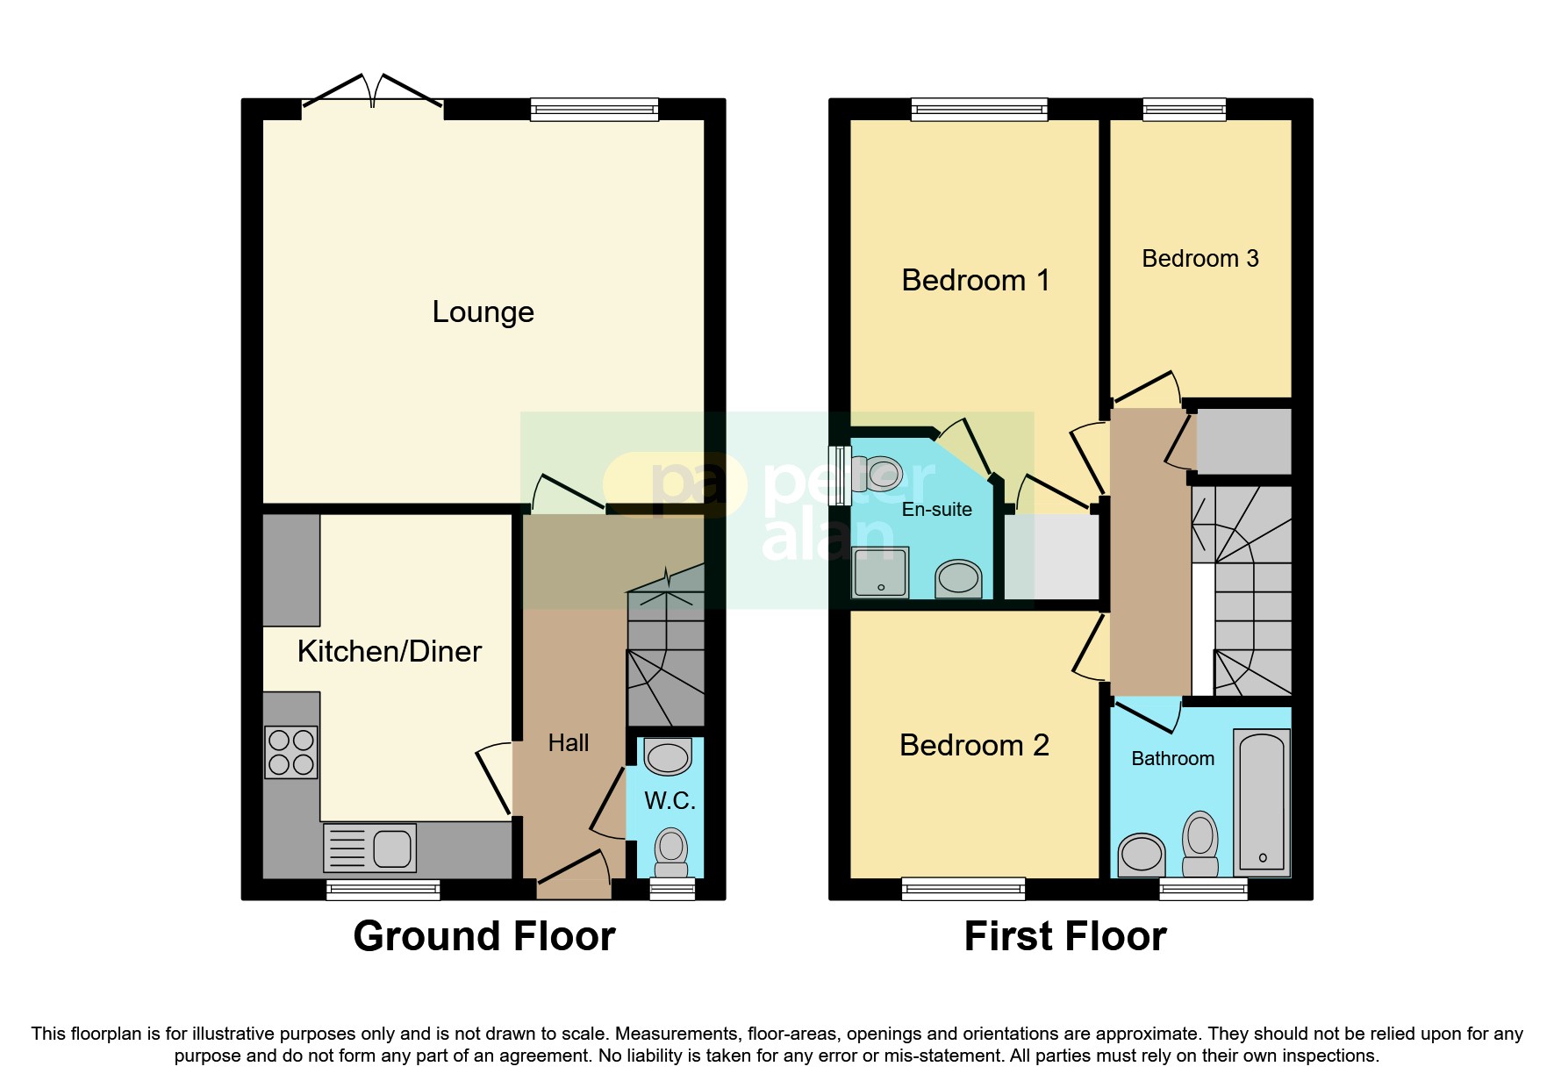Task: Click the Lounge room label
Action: point(483,312)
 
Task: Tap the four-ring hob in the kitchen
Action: point(291,752)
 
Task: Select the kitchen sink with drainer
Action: point(369,848)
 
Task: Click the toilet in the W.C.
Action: point(671,852)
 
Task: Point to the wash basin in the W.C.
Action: point(668,756)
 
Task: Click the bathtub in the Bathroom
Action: point(1262,802)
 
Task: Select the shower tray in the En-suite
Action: point(880,571)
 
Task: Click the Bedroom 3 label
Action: point(1200,259)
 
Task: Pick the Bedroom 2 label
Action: point(974,746)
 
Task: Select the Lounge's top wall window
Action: point(594,109)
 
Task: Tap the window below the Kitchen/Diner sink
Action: point(383,890)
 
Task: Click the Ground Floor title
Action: point(483,936)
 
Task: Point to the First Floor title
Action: point(1064,936)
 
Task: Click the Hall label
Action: point(568,743)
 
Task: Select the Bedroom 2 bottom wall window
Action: point(963,889)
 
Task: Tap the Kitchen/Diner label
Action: point(389,652)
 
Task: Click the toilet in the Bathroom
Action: point(1200,844)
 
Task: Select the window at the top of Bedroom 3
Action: point(1184,109)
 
